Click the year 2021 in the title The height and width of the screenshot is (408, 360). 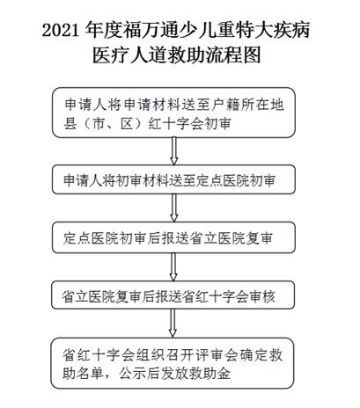61,31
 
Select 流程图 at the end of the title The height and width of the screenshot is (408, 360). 233,55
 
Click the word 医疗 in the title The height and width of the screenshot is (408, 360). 111,55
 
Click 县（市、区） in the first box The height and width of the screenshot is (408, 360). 103,124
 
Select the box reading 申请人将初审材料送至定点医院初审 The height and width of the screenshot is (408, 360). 173,179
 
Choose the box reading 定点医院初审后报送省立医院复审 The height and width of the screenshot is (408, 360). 173,237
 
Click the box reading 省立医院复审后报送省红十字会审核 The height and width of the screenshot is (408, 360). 173,295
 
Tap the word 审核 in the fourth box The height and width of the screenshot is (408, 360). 262,296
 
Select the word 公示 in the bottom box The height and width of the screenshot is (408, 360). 133,373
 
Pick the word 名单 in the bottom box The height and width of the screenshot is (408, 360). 91,373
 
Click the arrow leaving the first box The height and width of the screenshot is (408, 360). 174,151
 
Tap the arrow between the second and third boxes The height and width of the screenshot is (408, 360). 174,208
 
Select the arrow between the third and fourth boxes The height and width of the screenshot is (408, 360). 173,266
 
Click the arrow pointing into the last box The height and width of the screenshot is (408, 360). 173,324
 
